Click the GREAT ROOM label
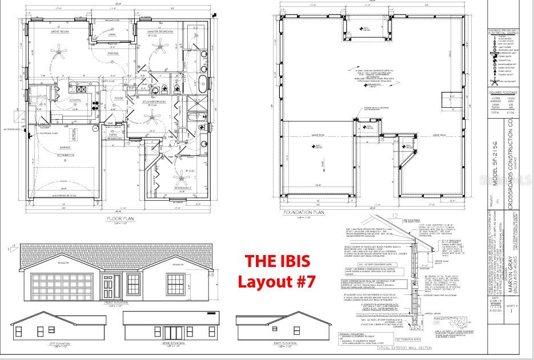tap(60, 31)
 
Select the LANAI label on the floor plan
tap(111, 34)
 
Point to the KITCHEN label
tap(75, 100)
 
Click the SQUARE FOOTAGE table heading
tap(503, 92)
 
